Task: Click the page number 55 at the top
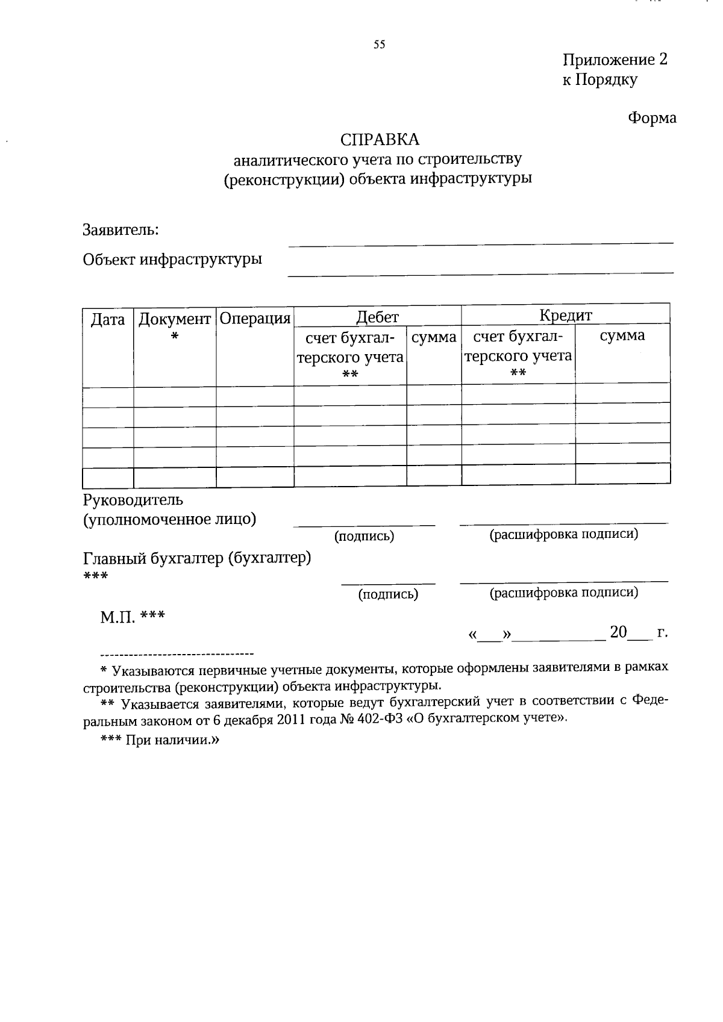(379, 45)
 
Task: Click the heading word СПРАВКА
(380, 140)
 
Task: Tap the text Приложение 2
(615, 60)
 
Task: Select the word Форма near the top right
(652, 118)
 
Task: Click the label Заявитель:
(121, 230)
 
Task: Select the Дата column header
(108, 320)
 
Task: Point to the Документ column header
(175, 319)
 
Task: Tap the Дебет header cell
(377, 317)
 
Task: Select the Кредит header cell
(565, 315)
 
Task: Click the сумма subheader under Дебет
(434, 337)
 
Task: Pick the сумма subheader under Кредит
(622, 335)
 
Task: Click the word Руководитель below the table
(133, 500)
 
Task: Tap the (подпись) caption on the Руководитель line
(364, 536)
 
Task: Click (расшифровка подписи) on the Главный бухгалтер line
(563, 593)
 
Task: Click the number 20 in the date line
(618, 632)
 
